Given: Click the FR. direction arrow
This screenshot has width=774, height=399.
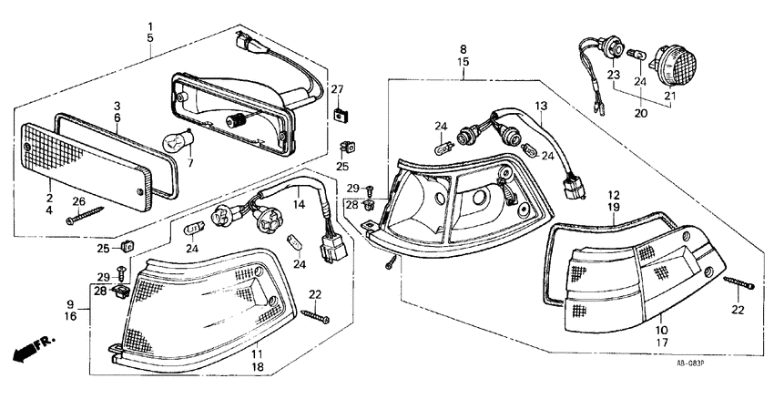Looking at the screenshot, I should click(x=28, y=350).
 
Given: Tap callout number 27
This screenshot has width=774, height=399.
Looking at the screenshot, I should click(x=337, y=89).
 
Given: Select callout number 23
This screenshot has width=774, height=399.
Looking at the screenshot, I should click(x=613, y=74).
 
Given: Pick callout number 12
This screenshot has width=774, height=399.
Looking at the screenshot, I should click(x=616, y=195).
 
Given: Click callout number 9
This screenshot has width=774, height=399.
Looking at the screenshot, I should click(x=70, y=304).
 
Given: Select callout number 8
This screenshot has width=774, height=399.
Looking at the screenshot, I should click(x=463, y=48).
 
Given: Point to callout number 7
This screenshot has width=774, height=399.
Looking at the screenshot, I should click(x=190, y=164).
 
